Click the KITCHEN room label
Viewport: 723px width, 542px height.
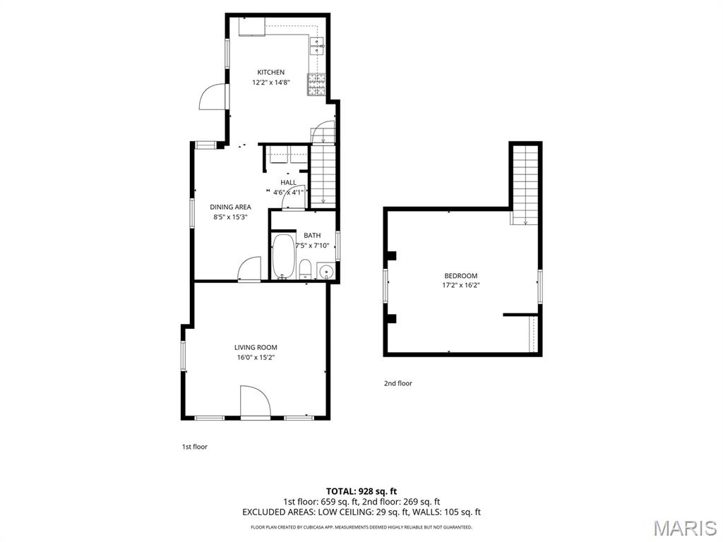click(270, 73)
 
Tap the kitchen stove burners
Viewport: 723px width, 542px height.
click(317, 85)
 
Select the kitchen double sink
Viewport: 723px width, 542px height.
click(318, 46)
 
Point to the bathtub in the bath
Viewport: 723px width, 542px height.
click(283, 257)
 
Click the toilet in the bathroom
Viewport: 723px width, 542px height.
click(305, 269)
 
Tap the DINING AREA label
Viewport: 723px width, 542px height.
click(231, 207)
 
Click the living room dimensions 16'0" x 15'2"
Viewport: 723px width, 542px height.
click(256, 357)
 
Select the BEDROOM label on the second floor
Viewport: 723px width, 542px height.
click(461, 276)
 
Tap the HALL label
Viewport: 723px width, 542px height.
click(288, 183)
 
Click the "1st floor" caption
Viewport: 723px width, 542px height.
click(195, 447)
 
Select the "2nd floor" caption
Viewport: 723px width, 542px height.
click(398, 383)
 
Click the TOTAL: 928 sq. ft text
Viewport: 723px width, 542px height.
click(361, 491)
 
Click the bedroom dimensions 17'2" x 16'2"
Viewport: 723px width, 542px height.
click(461, 285)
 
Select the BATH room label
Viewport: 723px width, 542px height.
click(312, 236)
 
